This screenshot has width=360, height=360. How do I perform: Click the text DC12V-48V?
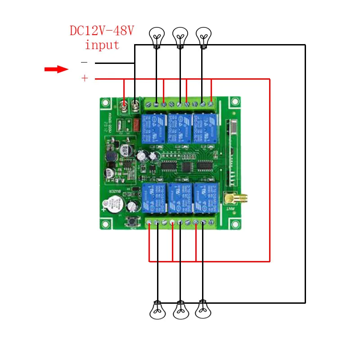(102, 31)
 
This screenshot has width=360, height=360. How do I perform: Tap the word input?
(102, 45)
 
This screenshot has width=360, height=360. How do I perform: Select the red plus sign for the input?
(85, 79)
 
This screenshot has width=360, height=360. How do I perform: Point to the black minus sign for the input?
(84, 62)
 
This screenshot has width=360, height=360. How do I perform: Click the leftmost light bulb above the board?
(157, 36)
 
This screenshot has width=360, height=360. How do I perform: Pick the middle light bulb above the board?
(180, 36)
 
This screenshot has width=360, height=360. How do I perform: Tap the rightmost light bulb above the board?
(203, 36)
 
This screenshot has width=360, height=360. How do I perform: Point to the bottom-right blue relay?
(205, 198)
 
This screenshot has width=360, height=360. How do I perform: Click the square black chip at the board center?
(185, 166)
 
